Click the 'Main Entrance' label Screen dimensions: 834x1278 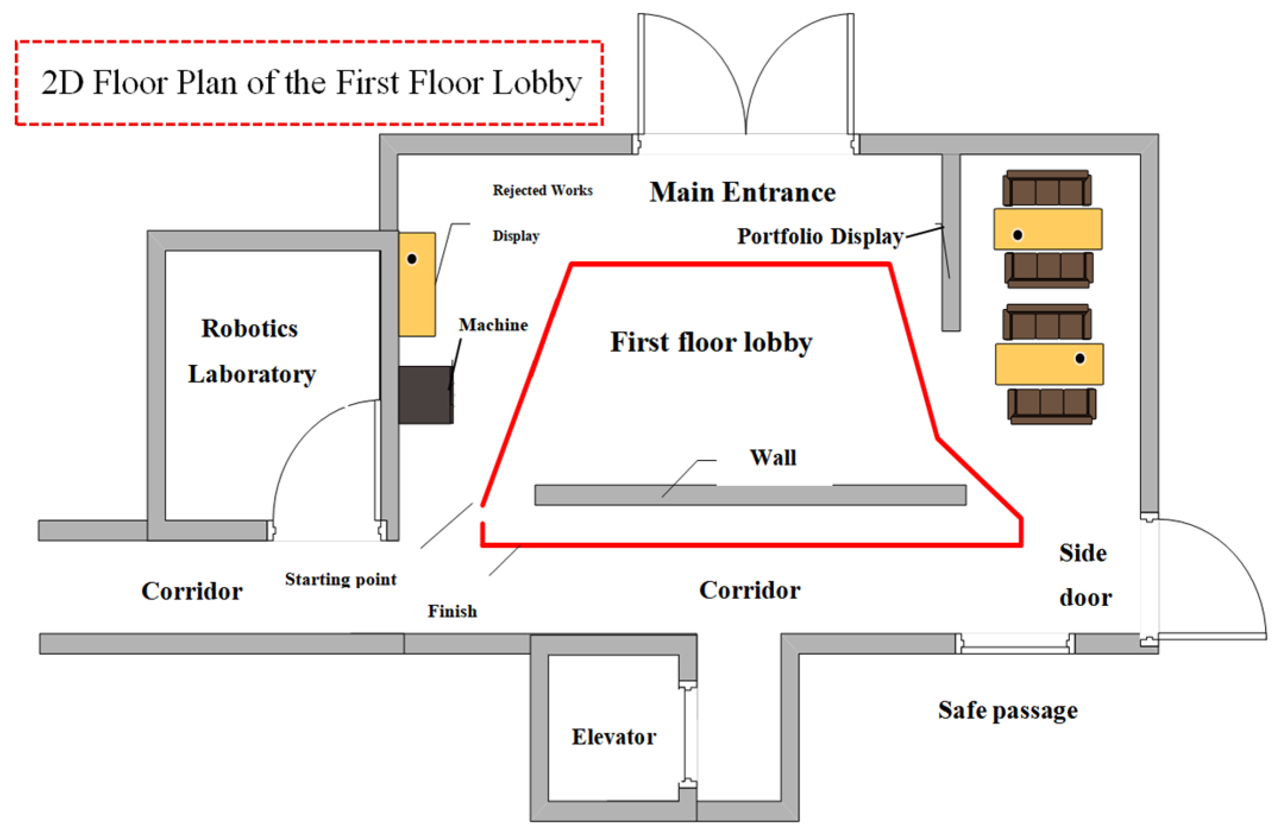click(742, 192)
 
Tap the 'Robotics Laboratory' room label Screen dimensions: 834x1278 click(251, 351)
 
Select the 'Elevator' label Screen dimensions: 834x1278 click(614, 737)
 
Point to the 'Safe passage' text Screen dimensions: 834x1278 click(1008, 710)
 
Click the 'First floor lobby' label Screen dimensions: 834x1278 click(711, 342)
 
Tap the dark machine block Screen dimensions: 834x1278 click(425, 395)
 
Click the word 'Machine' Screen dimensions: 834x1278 click(493, 325)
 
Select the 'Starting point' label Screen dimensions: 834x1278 click(341, 579)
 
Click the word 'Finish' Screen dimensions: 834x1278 click(452, 611)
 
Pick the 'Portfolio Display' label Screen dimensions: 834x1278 click(820, 236)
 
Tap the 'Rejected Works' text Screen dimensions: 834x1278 click(542, 190)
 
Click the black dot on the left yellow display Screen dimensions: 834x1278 click(412, 259)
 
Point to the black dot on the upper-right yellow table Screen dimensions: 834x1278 click(1018, 235)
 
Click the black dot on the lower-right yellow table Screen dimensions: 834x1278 click(1080, 358)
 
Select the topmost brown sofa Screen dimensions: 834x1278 click(1047, 188)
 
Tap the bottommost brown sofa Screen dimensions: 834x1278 click(1052, 406)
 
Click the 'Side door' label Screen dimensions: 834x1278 click(1084, 575)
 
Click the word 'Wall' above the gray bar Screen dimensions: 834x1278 click(773, 457)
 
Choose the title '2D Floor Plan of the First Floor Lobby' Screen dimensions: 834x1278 click(311, 83)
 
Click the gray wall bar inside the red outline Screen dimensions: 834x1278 click(750, 495)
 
